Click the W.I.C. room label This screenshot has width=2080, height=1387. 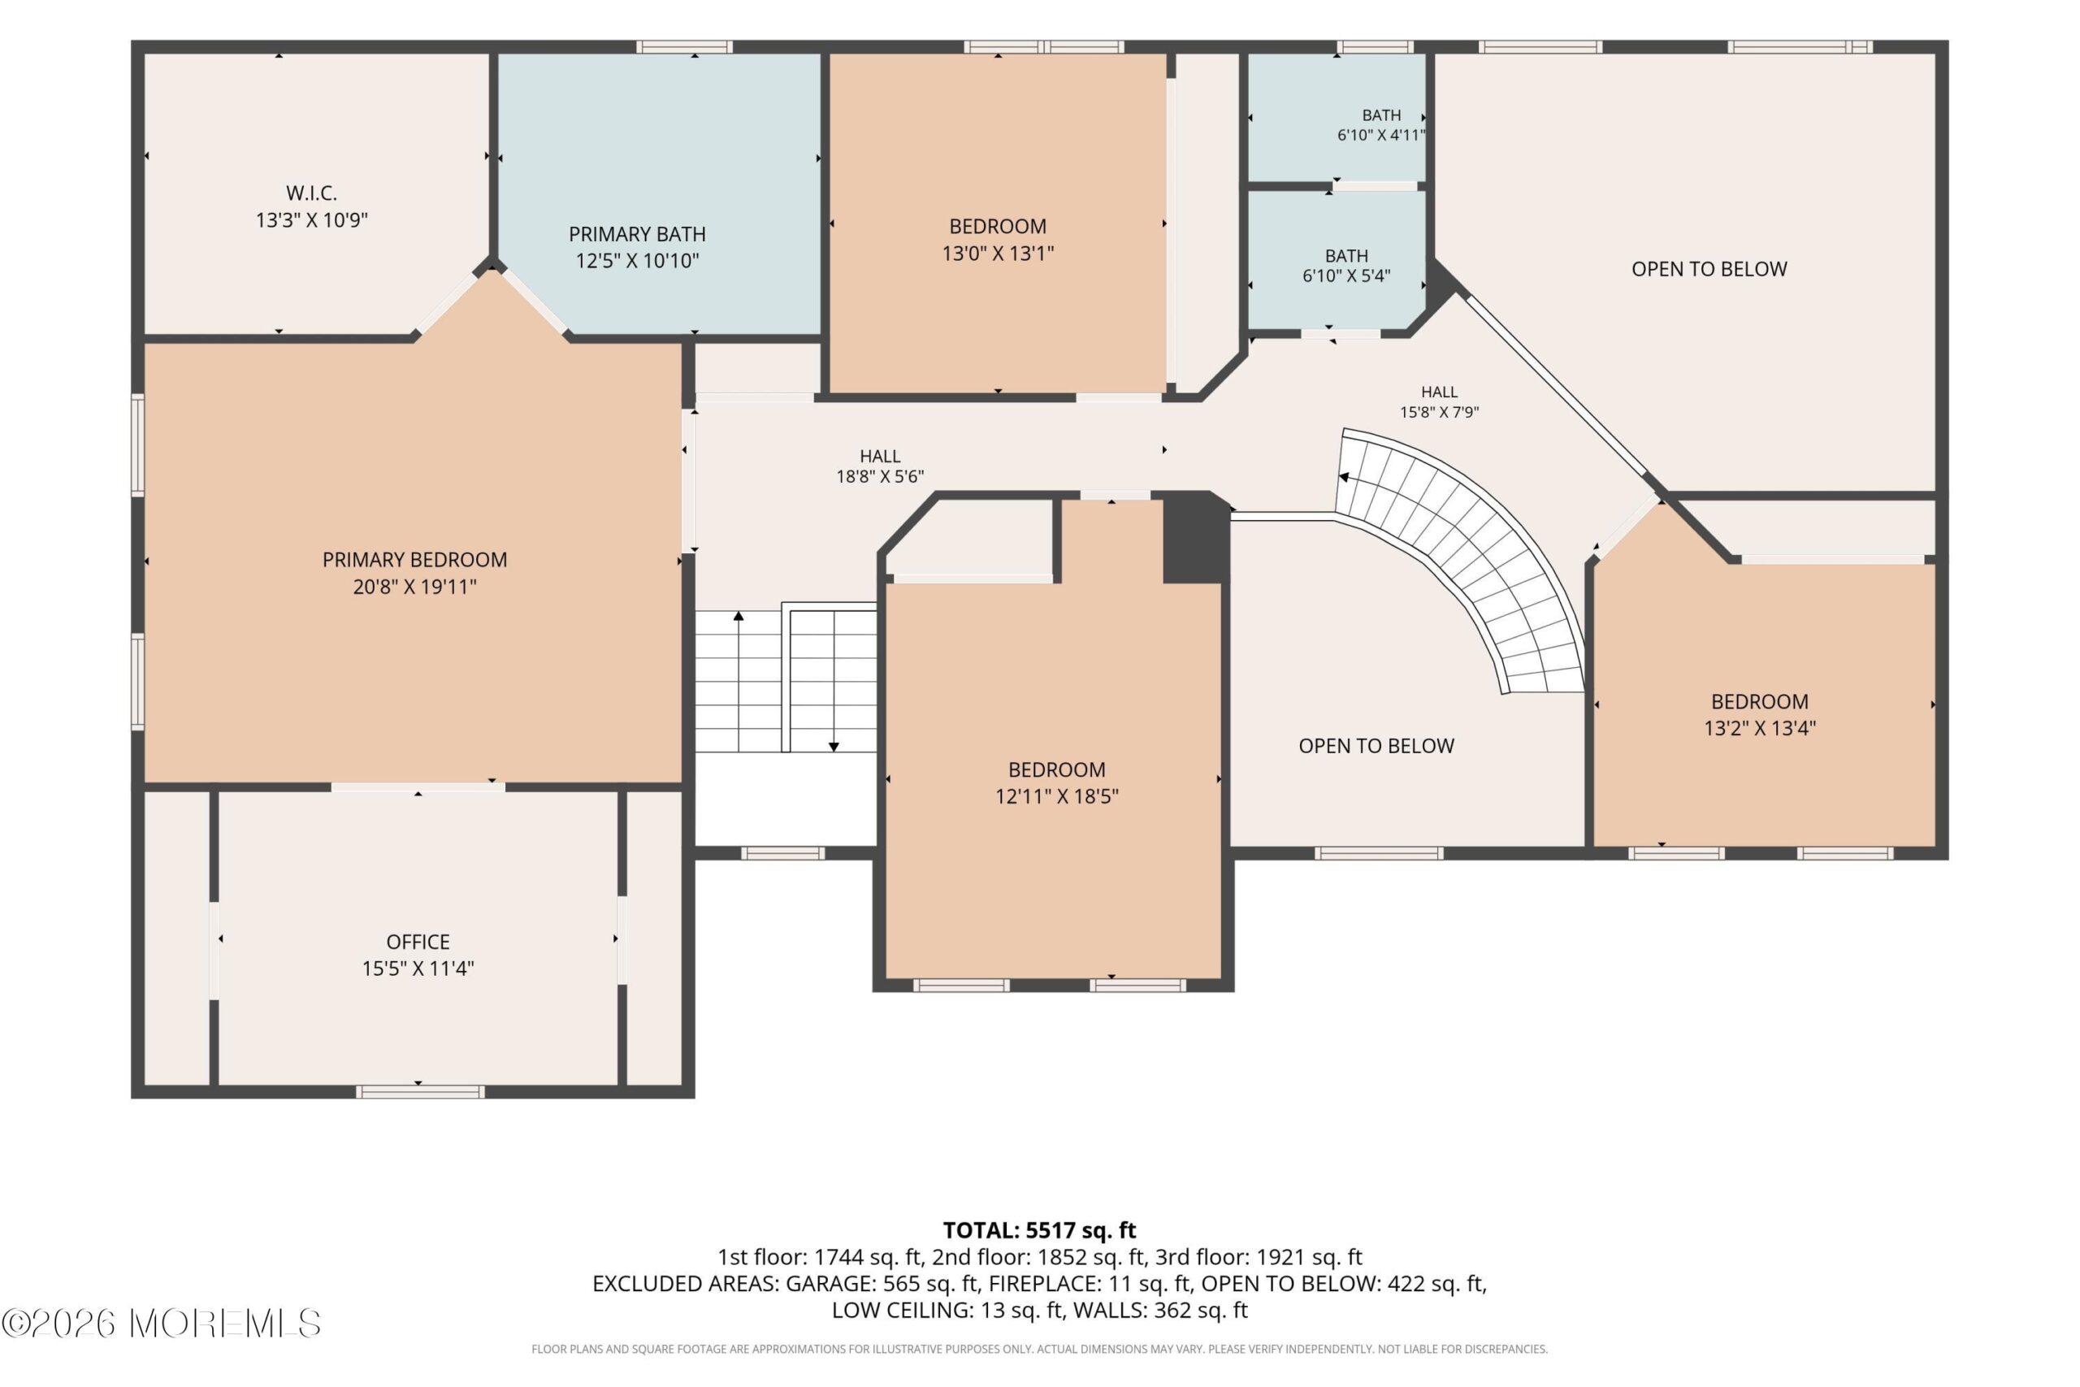tap(311, 193)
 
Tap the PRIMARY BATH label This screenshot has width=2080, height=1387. tap(637, 234)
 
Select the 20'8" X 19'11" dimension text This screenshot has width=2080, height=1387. tap(414, 587)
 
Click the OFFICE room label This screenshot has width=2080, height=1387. tap(418, 942)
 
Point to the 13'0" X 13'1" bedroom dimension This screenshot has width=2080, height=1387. tap(998, 254)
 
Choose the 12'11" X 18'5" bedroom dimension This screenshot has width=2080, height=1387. tap(1057, 796)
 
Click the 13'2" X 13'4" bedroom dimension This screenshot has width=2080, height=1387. tap(1760, 728)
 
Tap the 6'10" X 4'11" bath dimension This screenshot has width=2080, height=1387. tap(1380, 136)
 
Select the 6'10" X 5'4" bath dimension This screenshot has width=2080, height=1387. tap(1346, 276)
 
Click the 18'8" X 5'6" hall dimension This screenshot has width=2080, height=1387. tap(880, 477)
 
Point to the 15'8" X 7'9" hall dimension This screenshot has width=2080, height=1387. tap(1439, 412)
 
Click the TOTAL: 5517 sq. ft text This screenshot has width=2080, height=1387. tap(1039, 1230)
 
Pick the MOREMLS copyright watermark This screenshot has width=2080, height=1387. tap(161, 1324)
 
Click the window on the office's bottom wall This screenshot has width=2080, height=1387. tap(420, 1091)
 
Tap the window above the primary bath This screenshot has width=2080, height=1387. tap(683, 47)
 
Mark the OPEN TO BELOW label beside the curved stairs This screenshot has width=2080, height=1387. tap(1376, 746)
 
